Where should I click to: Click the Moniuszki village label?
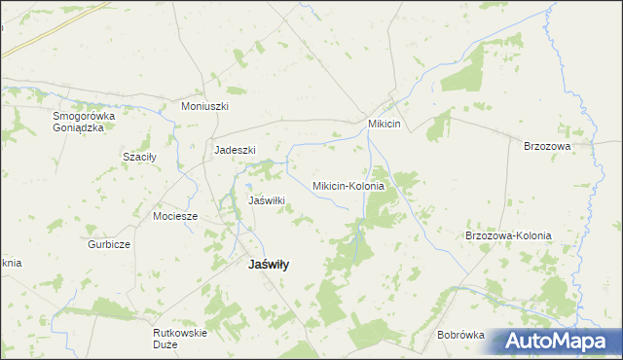[204, 105]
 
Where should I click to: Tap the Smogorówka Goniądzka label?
[84, 122]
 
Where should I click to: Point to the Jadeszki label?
[235, 150]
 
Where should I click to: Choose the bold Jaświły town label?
[275, 264]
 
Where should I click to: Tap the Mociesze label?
[175, 216]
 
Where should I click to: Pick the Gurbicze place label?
[109, 244]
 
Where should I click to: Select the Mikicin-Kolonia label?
[348, 185]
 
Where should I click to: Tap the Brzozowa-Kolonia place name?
[508, 235]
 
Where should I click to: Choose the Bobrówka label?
[460, 335]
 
